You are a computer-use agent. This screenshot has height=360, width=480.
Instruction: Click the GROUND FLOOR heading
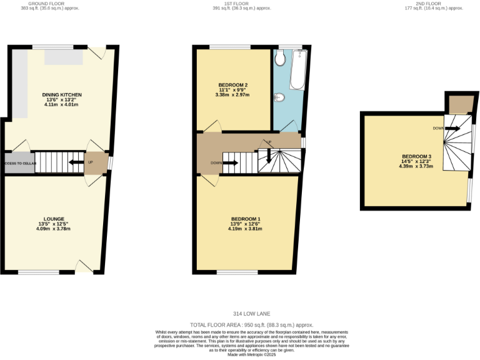[47, 3]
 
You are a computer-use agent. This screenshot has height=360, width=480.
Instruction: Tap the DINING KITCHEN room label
[62, 95]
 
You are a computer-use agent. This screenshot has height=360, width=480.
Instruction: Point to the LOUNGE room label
[54, 219]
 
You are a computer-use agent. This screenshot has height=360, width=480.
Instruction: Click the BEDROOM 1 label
[244, 219]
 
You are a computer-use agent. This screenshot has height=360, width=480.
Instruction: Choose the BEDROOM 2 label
[233, 85]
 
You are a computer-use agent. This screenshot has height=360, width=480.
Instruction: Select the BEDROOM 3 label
[416, 156]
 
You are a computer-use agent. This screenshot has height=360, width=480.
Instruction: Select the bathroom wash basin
[279, 97]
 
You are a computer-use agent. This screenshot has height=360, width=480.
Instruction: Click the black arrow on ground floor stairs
[76, 162]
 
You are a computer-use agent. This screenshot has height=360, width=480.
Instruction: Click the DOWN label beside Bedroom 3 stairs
[437, 128]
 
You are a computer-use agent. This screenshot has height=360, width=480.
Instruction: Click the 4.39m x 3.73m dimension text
[416, 166]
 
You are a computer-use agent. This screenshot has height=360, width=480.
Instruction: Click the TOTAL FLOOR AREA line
[252, 325]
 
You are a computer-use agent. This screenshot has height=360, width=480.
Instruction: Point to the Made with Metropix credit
[252, 354]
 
